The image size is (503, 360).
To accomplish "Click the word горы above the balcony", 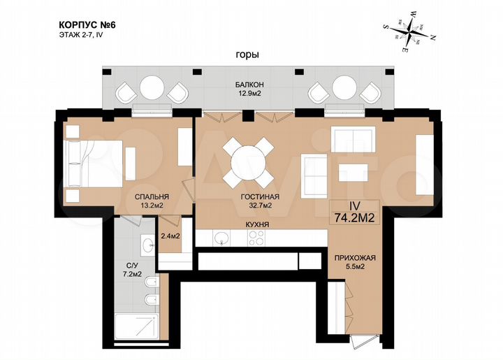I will pyautogui.click(x=247, y=55).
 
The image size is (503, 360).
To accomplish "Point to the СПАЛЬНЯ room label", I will pyautogui.click(x=152, y=196).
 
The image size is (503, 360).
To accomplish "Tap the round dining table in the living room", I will pyautogui.click(x=248, y=161).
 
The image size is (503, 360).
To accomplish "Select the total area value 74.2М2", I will pyautogui.click(x=353, y=217).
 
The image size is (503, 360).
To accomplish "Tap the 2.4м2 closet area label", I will pyautogui.click(x=171, y=236).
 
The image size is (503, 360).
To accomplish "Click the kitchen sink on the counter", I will pyautogui.click(x=221, y=238).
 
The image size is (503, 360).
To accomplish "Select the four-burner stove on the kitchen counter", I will pyautogui.click(x=256, y=238).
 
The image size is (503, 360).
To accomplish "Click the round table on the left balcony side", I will pyautogui.click(x=152, y=89).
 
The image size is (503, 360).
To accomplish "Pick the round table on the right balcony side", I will pyautogui.click(x=344, y=89).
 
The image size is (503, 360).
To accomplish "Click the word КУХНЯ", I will pyautogui.click(x=257, y=224).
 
